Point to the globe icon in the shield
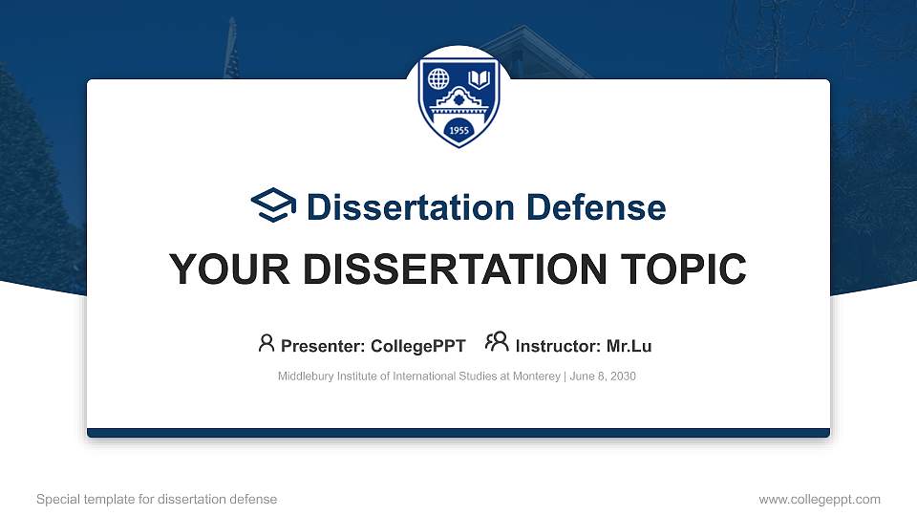(x=439, y=78)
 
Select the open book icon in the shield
(x=479, y=78)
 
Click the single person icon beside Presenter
(x=267, y=343)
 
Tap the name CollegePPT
(x=419, y=346)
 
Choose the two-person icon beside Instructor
(x=497, y=342)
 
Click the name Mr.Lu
(x=629, y=346)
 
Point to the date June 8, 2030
(x=603, y=376)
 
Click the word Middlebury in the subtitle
(x=304, y=376)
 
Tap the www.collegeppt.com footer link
(x=819, y=499)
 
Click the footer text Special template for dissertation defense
(x=157, y=499)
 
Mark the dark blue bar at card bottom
(x=458, y=433)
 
